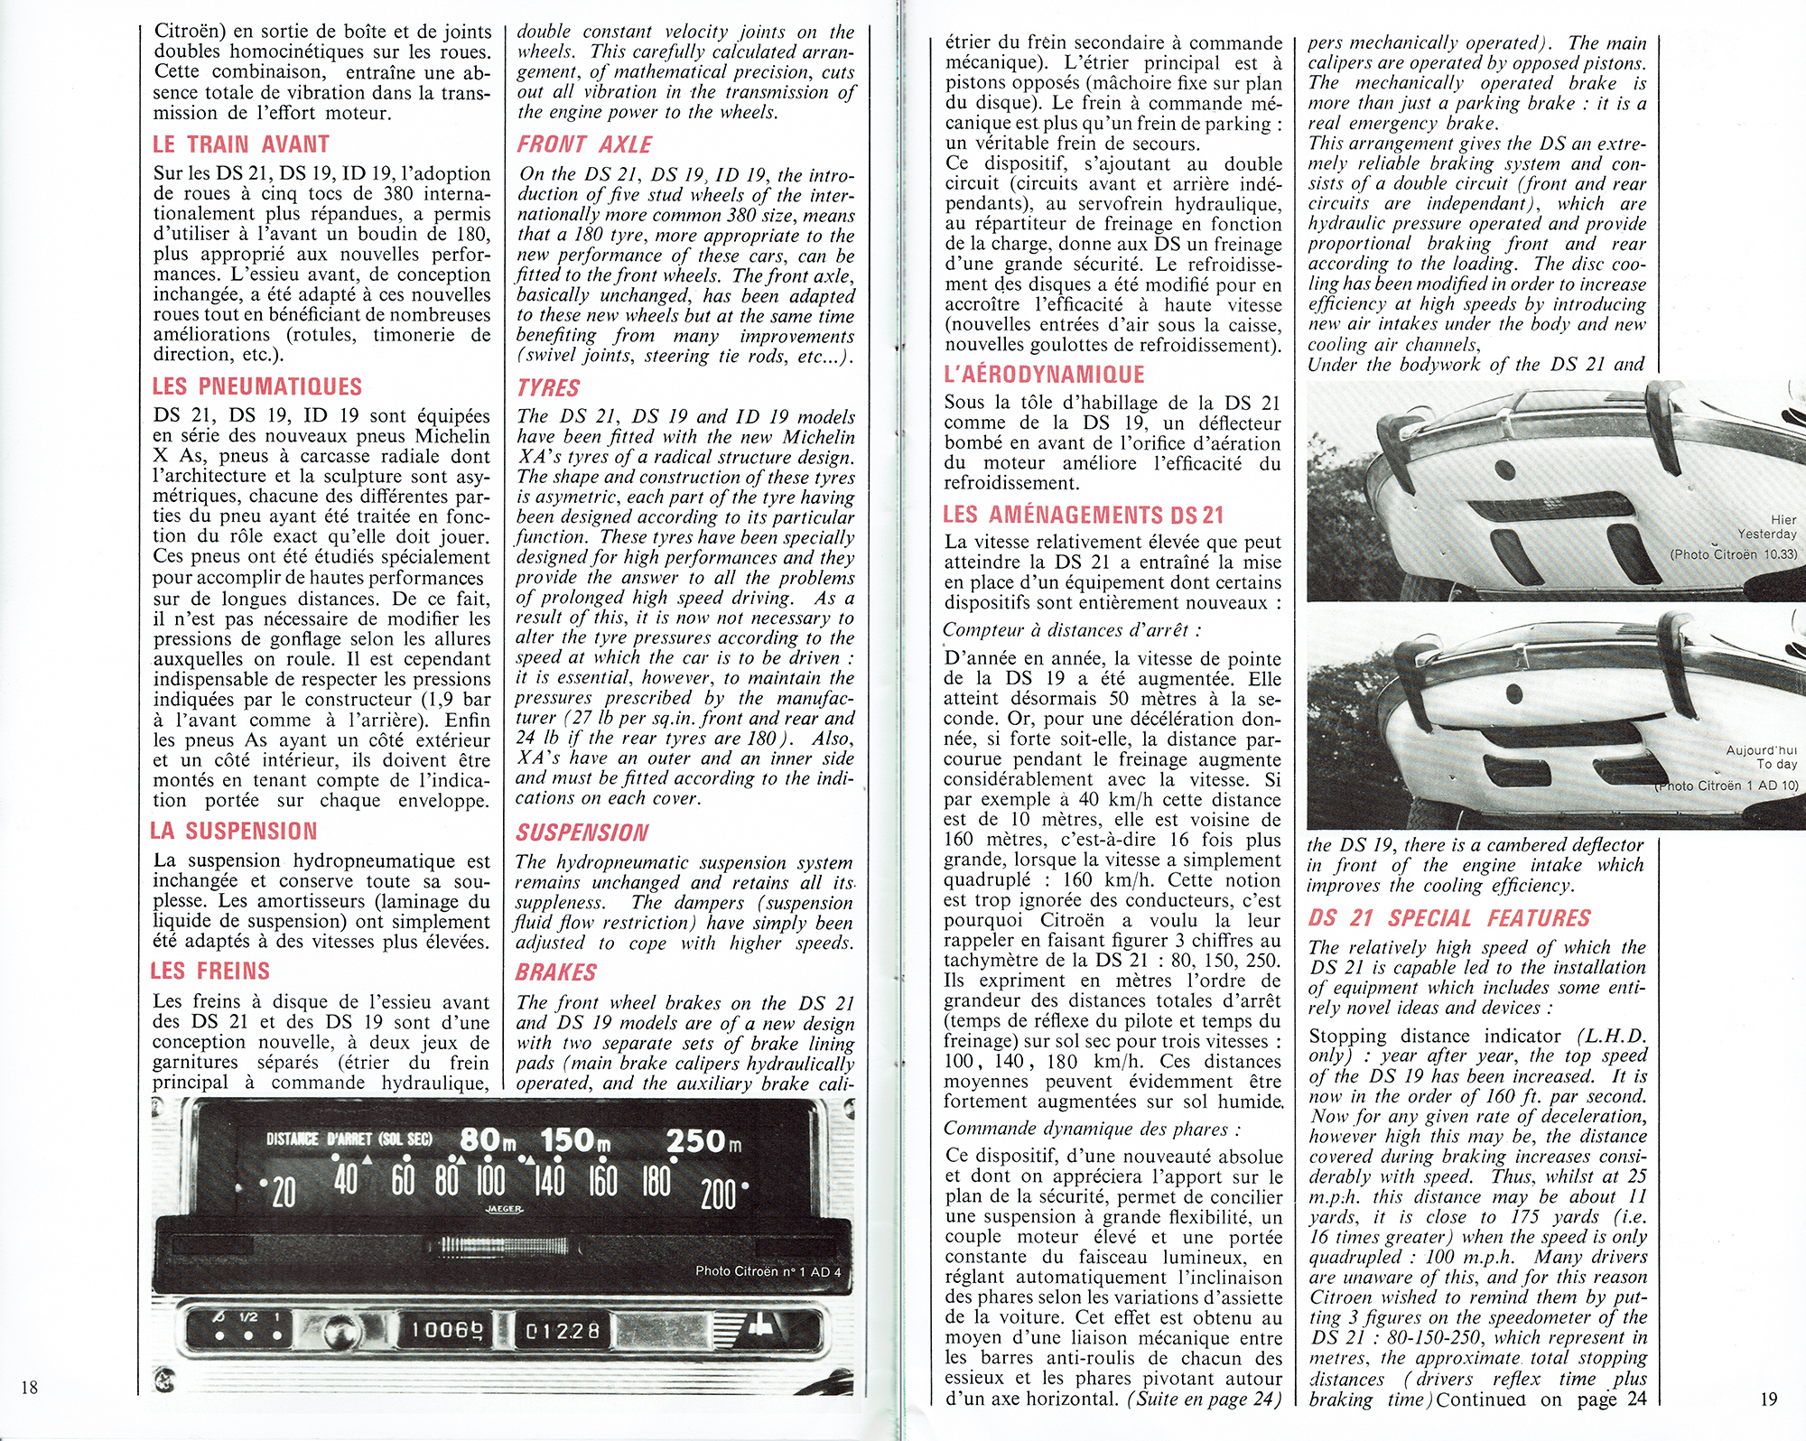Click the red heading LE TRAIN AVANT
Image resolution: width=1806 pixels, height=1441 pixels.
tap(241, 144)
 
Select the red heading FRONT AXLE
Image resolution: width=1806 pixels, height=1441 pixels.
tap(584, 144)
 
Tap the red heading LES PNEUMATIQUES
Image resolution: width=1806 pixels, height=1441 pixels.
tap(256, 386)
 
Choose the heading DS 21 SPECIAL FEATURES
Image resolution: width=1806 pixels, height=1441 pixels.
tap(1449, 918)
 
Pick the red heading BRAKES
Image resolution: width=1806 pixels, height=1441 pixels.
tap(556, 972)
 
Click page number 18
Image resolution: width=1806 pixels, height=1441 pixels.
tap(29, 1387)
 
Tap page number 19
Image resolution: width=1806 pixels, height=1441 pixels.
tap(1768, 1399)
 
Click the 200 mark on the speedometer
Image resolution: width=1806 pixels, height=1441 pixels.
tap(718, 1195)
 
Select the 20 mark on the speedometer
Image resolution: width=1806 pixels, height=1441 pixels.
tap(283, 1193)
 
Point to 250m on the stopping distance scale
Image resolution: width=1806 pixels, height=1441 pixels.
tap(703, 1141)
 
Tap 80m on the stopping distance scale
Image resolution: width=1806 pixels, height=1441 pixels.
tap(488, 1140)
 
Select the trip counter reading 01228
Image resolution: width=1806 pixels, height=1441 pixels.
tap(563, 1331)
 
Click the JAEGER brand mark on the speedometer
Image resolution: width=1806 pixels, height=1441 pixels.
tap(504, 1209)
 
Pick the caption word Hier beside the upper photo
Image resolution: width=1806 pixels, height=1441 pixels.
tap(1783, 519)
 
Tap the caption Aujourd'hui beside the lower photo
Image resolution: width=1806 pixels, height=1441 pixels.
tap(1761, 749)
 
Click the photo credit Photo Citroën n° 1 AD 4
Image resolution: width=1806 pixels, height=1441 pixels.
tap(768, 1271)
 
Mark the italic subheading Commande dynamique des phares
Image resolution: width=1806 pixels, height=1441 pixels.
tap(1092, 1129)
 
